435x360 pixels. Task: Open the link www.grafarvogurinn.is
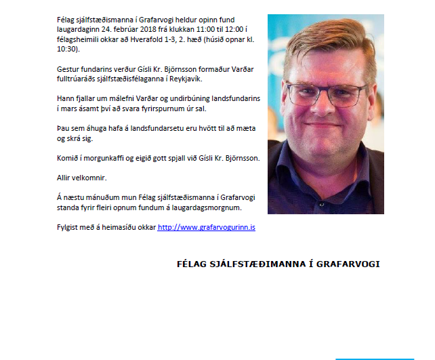point(206,227)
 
